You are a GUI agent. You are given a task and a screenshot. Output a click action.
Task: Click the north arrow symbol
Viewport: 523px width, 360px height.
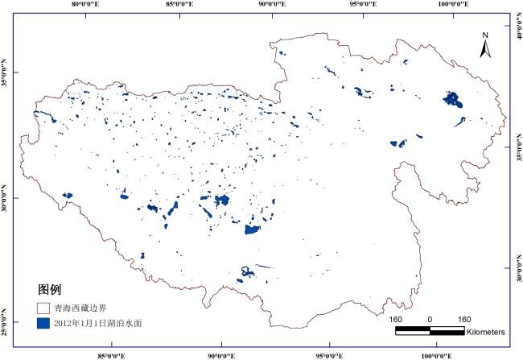[485, 49]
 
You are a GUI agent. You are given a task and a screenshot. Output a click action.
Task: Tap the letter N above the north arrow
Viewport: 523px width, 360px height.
[485, 35]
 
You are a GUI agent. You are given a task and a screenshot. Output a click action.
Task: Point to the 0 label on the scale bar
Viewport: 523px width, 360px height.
[430, 319]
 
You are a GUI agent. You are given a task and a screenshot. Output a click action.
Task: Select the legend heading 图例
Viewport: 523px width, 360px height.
[50, 288]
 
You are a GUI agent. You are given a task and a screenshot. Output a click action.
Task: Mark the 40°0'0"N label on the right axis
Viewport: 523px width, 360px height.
[517, 37]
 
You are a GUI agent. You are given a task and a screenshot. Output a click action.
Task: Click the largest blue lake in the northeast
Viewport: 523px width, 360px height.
[452, 100]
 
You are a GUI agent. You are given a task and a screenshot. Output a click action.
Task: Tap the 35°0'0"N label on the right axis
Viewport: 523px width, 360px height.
[517, 153]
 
